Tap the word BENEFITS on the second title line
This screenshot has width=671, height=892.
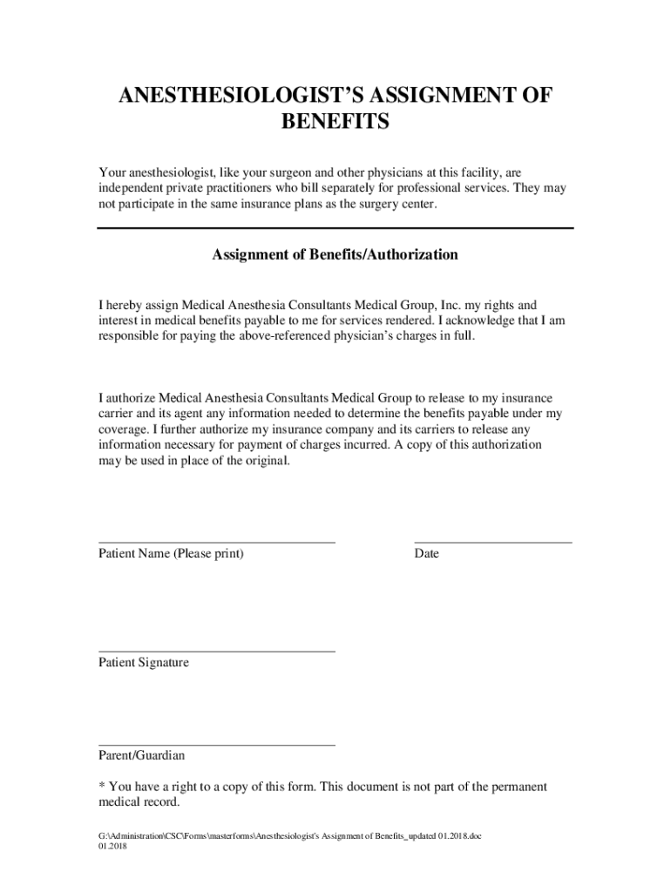pyautogui.click(x=335, y=123)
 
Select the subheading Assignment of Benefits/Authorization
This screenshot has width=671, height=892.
pyautogui.click(x=335, y=255)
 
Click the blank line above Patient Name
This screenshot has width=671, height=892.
pyautogui.click(x=216, y=542)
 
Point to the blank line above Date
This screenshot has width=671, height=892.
pyautogui.click(x=492, y=542)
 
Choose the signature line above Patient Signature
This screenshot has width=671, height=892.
pyautogui.click(x=216, y=651)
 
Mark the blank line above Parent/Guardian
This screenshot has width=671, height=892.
pyautogui.click(x=216, y=745)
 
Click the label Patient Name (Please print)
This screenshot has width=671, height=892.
pyautogui.click(x=171, y=554)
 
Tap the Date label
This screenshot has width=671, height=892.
pyautogui.click(x=427, y=554)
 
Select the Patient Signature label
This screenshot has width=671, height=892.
pyautogui.click(x=144, y=663)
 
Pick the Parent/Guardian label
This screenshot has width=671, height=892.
pyautogui.click(x=141, y=756)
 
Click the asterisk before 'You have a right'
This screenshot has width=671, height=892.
pyautogui.click(x=101, y=786)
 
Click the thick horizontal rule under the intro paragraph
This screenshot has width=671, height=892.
pyautogui.click(x=335, y=228)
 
